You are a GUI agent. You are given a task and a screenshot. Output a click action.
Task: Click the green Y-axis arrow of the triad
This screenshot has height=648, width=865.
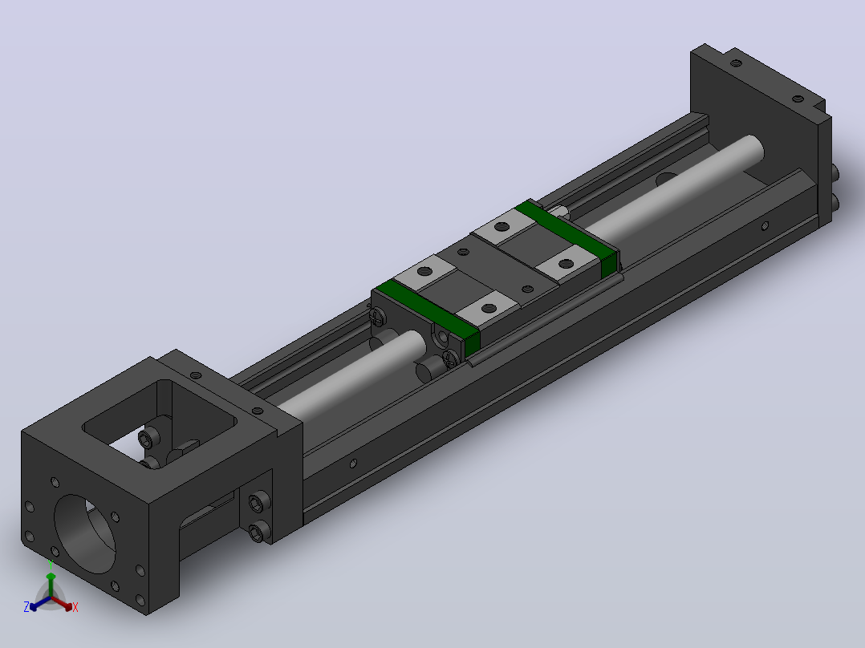tap(51, 584)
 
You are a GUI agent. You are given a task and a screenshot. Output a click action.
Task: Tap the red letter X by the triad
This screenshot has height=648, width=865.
tap(75, 607)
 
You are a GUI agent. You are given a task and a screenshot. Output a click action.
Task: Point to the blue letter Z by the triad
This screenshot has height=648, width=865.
tap(26, 606)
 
